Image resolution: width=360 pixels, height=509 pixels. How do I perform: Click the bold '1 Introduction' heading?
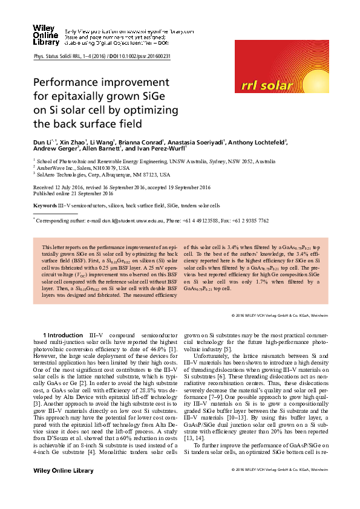click(62, 335)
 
